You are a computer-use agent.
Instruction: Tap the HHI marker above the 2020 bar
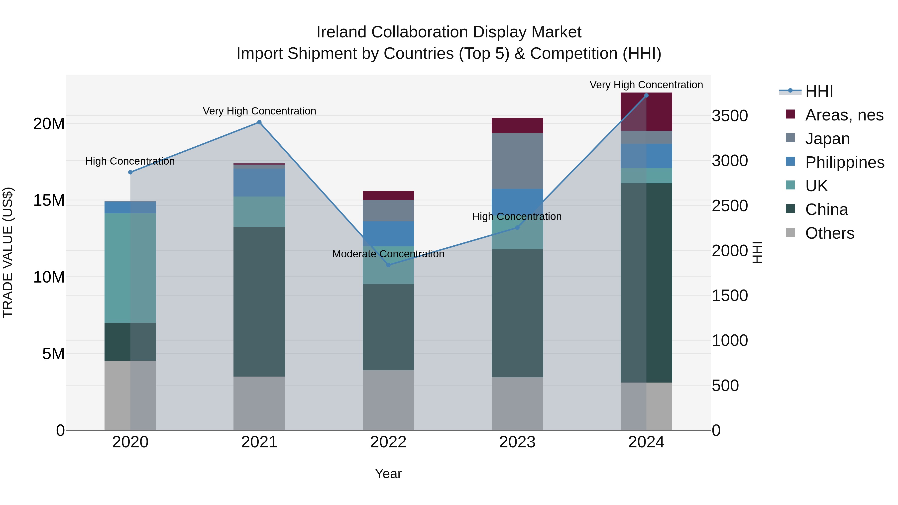coord(130,172)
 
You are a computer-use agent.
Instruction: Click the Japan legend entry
coord(827,139)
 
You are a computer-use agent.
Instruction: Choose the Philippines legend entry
coord(844,162)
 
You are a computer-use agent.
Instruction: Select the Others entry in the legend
coord(829,233)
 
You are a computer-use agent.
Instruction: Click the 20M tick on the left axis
coord(49,124)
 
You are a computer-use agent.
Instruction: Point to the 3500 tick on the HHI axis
coord(730,116)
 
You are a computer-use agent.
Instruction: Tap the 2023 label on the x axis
coord(517,442)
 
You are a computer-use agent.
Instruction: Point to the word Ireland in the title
coord(341,32)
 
